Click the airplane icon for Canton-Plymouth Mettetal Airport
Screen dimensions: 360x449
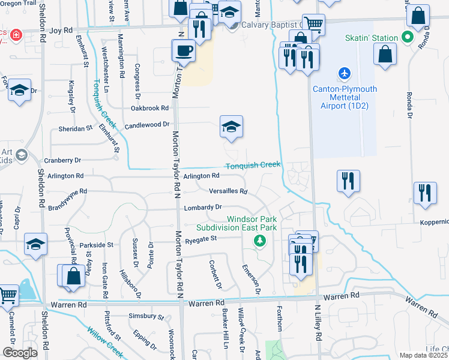[344, 73]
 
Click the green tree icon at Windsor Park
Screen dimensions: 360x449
[259, 241]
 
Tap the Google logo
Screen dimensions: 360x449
[20, 353]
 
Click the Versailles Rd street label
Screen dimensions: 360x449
[228, 191]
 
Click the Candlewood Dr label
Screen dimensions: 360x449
[148, 124]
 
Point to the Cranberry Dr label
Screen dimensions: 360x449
[62, 160]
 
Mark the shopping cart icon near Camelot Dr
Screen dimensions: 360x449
[8, 294]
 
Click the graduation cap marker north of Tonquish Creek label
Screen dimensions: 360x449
[231, 126]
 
